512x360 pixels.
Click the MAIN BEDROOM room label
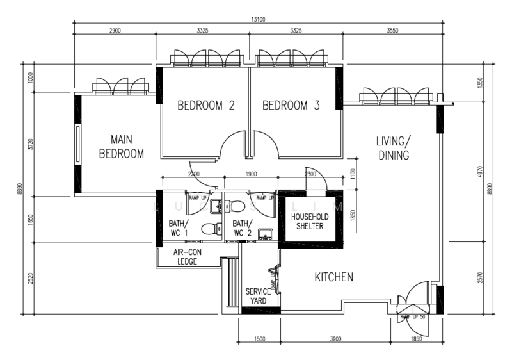tap(122, 146)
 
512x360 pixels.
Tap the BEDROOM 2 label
tap(205, 106)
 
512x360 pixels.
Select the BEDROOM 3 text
tap(291, 106)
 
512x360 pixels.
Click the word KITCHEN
tap(333, 277)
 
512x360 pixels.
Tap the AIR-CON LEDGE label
tap(187, 256)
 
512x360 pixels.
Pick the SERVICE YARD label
tap(259, 296)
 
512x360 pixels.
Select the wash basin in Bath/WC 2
tap(266, 234)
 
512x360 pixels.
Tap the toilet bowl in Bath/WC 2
tap(237, 206)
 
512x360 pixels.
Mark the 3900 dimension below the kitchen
tap(335, 338)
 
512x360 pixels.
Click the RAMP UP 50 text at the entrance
tap(413, 317)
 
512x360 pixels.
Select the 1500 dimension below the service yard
tap(259, 338)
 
